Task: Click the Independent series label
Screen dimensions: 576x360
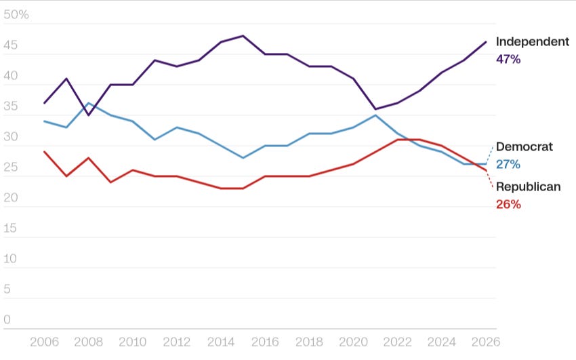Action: coord(532,41)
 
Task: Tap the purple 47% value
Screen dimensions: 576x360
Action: coord(508,59)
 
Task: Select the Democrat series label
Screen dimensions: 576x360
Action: coord(524,146)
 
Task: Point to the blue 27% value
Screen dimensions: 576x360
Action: coord(508,164)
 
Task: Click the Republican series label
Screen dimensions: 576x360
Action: coord(529,186)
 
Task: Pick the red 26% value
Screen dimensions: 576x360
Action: coord(508,204)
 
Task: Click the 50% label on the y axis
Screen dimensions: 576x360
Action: coord(16,14)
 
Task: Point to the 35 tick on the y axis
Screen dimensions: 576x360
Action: coord(11,106)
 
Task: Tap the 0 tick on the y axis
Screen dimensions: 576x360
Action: coord(7,319)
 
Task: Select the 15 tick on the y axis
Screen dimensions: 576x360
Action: coord(10,228)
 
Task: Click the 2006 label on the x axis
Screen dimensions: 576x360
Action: coord(44,342)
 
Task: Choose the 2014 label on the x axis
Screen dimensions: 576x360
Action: coord(221,342)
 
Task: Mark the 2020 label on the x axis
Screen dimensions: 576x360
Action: coord(353,342)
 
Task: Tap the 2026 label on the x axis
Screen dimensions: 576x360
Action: coord(486,342)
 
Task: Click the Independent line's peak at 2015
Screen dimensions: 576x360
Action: coord(243,36)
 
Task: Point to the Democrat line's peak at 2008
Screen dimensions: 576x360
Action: coord(89,103)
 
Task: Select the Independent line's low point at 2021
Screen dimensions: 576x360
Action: coord(375,109)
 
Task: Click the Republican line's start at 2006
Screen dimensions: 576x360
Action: coord(44,152)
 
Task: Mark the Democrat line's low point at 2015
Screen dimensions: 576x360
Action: coord(243,158)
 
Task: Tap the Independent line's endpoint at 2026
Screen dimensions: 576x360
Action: coord(486,42)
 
